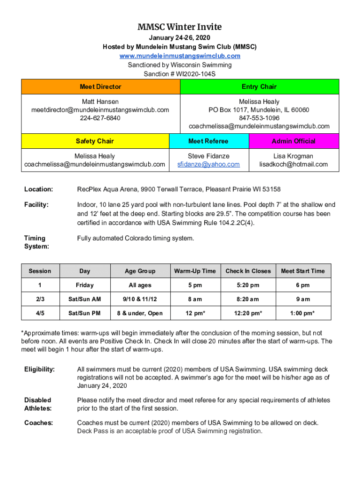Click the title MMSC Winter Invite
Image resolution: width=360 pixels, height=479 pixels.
pyautogui.click(x=180, y=27)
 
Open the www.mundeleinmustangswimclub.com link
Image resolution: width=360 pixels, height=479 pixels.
pyautogui.click(x=180, y=56)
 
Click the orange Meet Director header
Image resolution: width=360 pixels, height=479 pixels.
pyautogui.click(x=100, y=87)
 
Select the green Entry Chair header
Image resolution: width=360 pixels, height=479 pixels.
pyautogui.click(x=259, y=87)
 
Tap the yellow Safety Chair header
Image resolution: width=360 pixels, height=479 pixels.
pyautogui.click(x=94, y=141)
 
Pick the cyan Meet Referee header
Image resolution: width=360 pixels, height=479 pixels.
pyautogui.click(x=208, y=141)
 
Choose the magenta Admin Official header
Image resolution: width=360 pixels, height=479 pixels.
pyautogui.click(x=294, y=141)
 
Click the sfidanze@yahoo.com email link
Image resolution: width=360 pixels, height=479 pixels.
pyautogui.click(x=208, y=164)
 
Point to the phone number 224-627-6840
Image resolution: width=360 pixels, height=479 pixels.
pyautogui.click(x=100, y=118)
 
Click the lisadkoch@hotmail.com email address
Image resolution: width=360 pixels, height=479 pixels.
pyautogui.click(x=294, y=164)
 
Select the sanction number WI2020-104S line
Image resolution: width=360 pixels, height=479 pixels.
pyautogui.click(x=180, y=74)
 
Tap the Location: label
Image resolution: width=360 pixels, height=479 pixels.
pyautogui.click(x=38, y=189)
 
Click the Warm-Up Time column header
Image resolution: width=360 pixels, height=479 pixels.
pyautogui.click(x=195, y=271)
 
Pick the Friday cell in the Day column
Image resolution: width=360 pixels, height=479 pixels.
pyautogui.click(x=85, y=285)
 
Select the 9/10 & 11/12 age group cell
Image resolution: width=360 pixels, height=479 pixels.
pyautogui.click(x=140, y=299)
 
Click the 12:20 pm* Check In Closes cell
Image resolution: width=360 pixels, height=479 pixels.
pyautogui.click(x=248, y=313)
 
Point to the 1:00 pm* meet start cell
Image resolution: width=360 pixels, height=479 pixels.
pyautogui.click(x=302, y=313)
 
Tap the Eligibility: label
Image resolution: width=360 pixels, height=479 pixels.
pyautogui.click(x=39, y=369)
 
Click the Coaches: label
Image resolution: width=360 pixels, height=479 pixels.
pyautogui.click(x=38, y=422)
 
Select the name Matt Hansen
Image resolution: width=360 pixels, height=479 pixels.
pyautogui.click(x=100, y=102)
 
